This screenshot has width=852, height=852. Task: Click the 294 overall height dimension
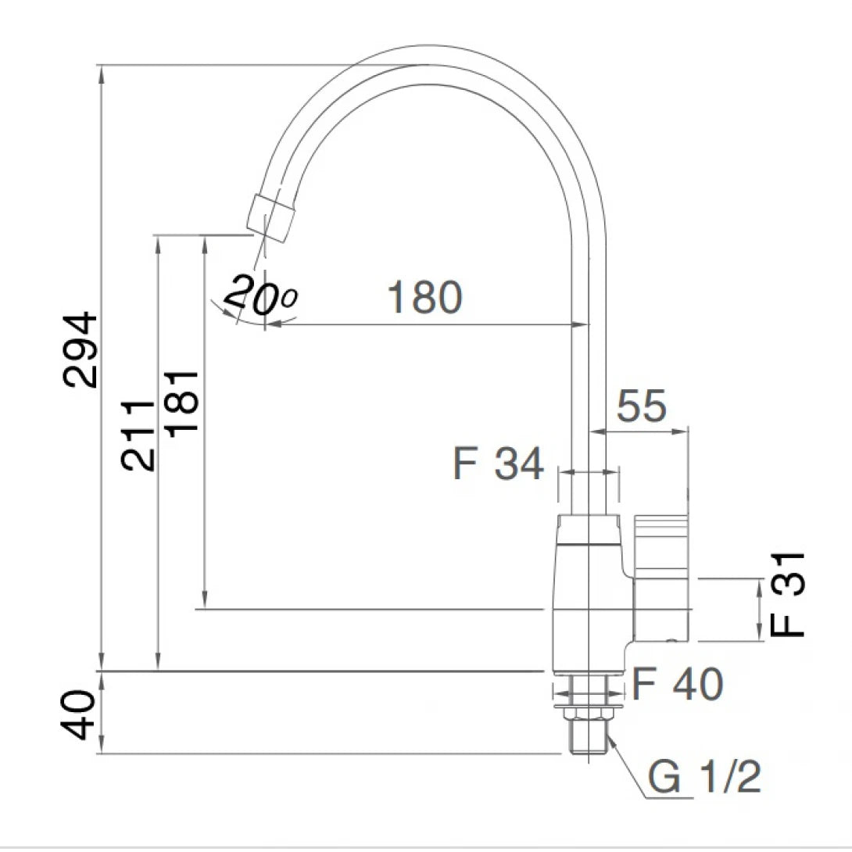point(82,349)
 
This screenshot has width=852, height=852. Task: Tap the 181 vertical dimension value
point(181,403)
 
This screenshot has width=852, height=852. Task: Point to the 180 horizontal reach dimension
point(425,297)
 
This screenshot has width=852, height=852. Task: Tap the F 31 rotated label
point(787,594)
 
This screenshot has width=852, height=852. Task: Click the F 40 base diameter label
point(677,686)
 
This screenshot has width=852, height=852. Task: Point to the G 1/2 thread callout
point(704,778)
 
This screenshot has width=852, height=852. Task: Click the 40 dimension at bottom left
point(82,713)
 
